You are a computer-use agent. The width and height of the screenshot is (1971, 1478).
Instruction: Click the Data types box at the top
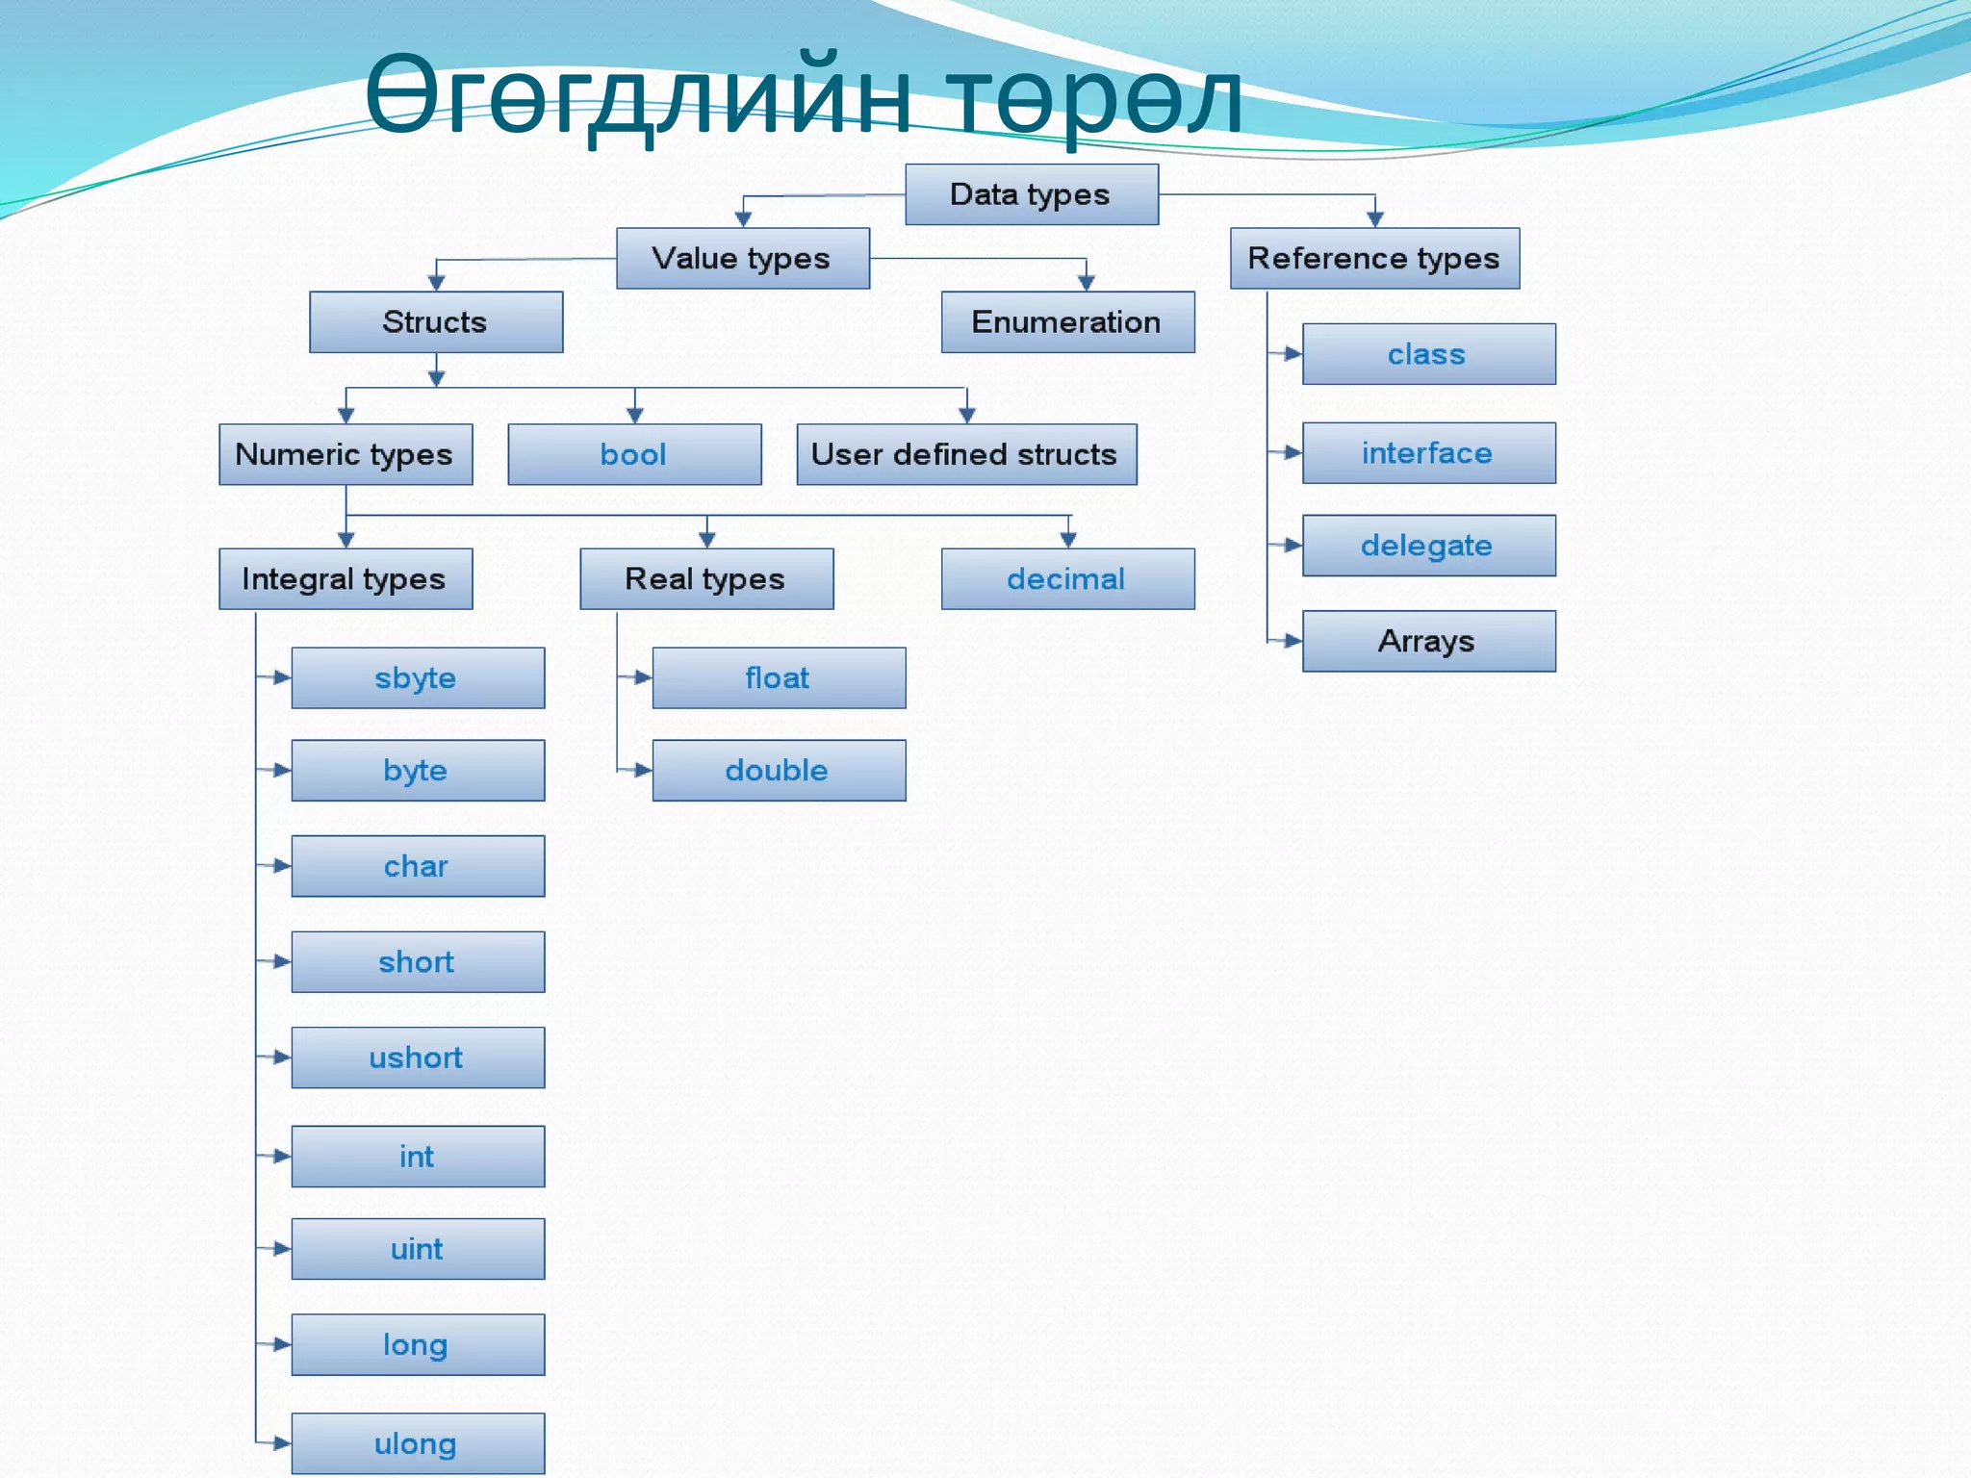point(1031,194)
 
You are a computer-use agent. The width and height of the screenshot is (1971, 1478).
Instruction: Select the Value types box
point(742,258)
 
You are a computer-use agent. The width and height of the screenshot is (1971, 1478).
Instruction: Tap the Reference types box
point(1374,258)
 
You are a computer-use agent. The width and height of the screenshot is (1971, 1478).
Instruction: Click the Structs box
point(435,321)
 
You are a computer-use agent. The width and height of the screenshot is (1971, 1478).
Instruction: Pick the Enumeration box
point(1067,321)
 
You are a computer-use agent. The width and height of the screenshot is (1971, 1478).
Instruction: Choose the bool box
point(634,454)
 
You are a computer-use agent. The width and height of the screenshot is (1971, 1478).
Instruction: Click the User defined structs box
point(965,454)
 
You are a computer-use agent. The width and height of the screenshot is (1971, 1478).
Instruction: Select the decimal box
point(1067,578)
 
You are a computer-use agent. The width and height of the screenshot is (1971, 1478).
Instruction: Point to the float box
point(779,677)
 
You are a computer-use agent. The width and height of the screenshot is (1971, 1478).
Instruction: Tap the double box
point(779,770)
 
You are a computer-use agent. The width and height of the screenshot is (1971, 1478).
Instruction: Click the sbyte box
point(418,677)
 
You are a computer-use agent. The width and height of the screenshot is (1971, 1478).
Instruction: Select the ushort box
point(418,1058)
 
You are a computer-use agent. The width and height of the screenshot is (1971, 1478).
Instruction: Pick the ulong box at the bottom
point(418,1442)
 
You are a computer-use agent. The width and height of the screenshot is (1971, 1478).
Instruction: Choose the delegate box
point(1428,546)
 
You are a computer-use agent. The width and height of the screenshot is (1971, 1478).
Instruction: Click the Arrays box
point(1428,641)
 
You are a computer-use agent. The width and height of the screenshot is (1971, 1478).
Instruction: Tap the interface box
point(1428,452)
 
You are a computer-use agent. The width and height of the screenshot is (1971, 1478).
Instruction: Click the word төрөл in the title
point(1092,96)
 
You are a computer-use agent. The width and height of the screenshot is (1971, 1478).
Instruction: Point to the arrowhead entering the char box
point(282,866)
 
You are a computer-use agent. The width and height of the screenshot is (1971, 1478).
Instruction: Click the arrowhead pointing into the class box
point(1293,354)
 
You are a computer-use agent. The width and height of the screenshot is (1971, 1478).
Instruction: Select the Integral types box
point(345,578)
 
